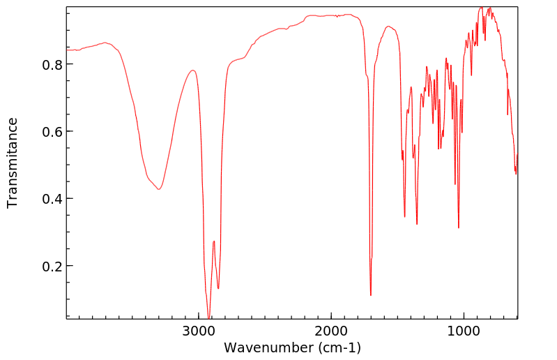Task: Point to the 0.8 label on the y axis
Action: click(x=52, y=64)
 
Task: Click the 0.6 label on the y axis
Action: click(x=52, y=131)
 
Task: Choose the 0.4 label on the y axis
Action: click(x=52, y=199)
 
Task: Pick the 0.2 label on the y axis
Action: click(x=52, y=266)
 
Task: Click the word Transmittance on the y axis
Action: click(x=13, y=163)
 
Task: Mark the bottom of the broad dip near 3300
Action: click(x=159, y=189)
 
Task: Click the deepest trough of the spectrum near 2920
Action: click(x=209, y=318)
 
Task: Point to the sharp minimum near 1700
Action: click(x=371, y=295)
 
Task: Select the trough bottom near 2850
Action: click(x=218, y=288)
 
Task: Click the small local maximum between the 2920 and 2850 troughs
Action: click(x=214, y=241)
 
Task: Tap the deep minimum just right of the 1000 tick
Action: click(x=459, y=227)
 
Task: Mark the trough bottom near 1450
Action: click(x=404, y=216)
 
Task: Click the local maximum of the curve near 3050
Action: click(x=193, y=70)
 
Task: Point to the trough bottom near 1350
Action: click(x=417, y=224)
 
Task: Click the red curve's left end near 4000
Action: click(x=68, y=50)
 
